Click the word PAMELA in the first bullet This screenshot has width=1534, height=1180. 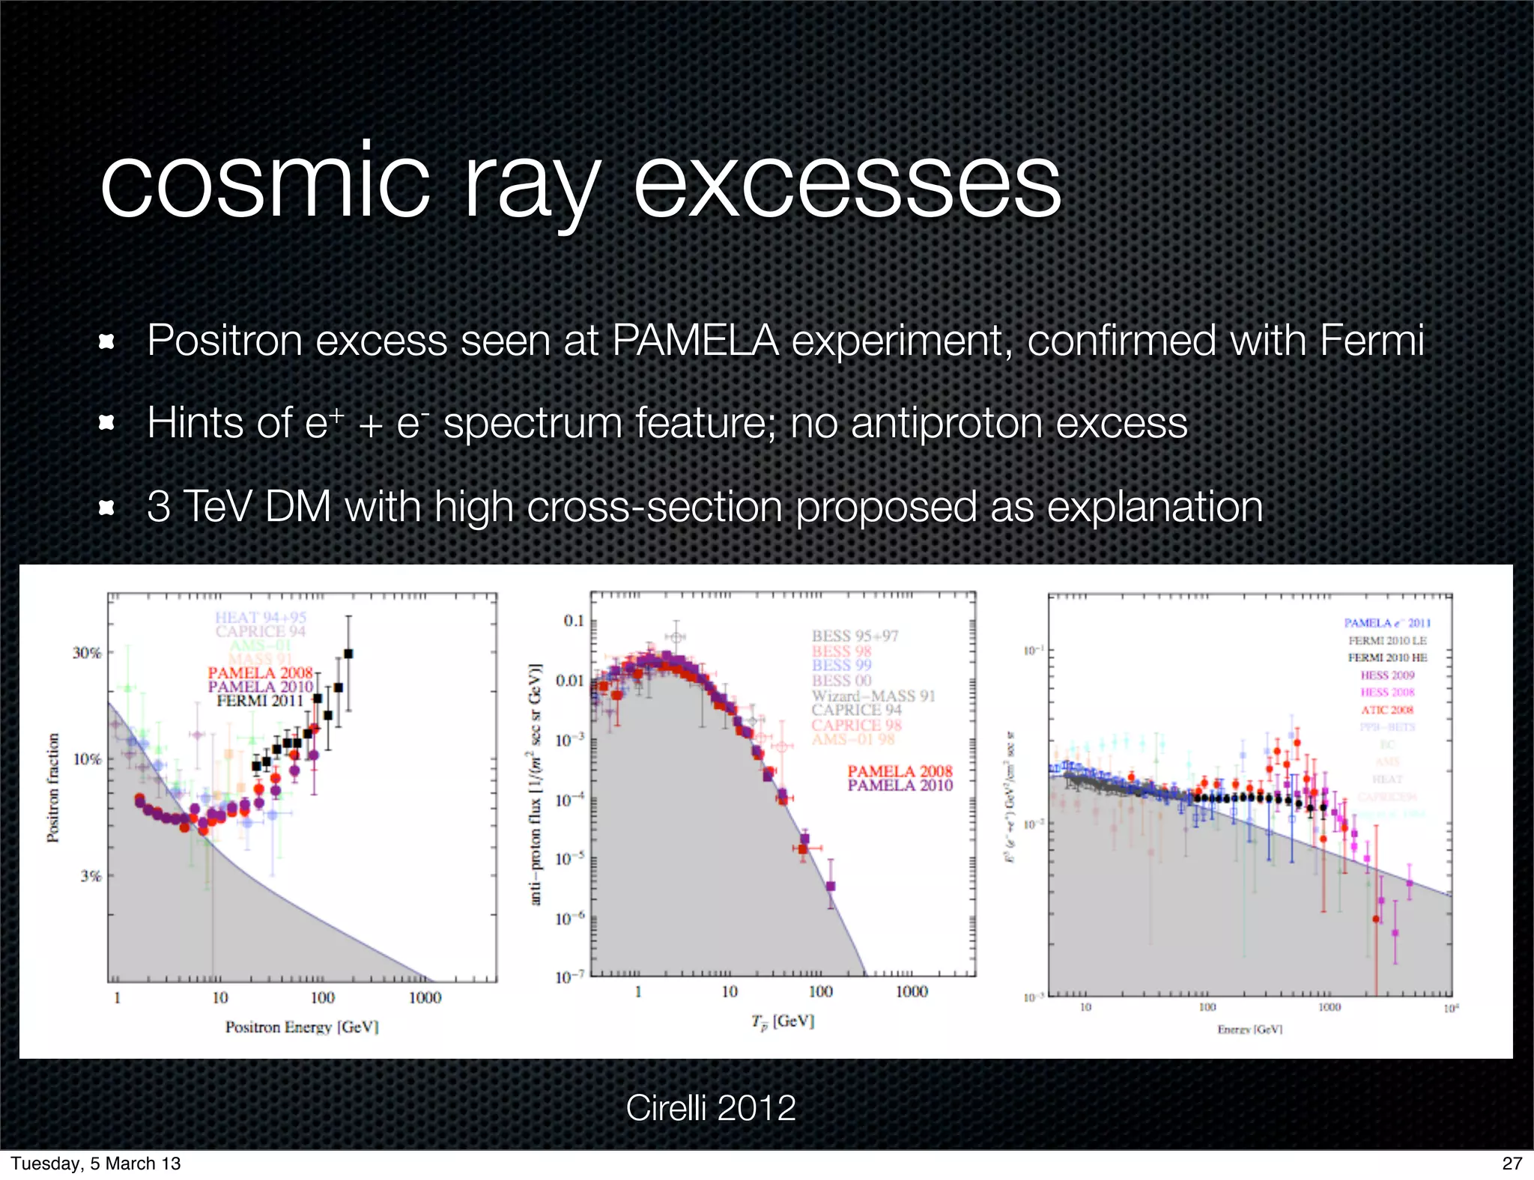pos(696,341)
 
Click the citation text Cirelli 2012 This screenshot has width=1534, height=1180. pos(710,1107)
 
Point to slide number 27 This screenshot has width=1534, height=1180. pos(1512,1163)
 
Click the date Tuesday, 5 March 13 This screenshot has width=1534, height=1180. pos(96,1163)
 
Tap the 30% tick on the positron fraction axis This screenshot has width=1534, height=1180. pos(86,653)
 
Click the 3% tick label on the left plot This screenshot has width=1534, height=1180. pos(90,876)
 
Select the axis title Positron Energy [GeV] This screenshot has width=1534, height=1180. pos(302,1027)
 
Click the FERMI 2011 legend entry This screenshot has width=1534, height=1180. pos(259,701)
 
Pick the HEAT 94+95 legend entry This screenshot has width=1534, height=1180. pos(260,617)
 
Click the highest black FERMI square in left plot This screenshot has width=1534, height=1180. pos(348,654)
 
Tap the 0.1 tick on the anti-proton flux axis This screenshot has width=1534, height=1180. pos(573,621)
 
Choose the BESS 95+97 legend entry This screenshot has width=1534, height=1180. pos(855,636)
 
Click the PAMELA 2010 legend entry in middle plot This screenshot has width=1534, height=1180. pos(900,785)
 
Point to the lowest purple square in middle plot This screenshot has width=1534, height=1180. pos(830,886)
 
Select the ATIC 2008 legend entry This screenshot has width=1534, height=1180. pos(1387,710)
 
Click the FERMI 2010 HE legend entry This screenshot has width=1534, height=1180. pos(1387,657)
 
